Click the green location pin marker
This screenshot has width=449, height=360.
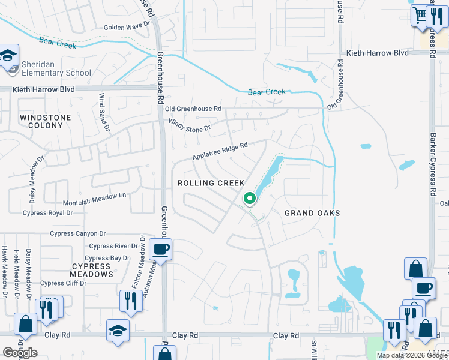(250, 198)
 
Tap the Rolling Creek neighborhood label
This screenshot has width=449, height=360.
(211, 183)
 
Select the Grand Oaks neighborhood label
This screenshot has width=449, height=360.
(312, 213)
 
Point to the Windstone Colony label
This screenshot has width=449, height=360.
(45, 121)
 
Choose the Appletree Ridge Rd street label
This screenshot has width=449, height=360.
(220, 151)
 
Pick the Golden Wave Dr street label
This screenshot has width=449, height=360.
(126, 27)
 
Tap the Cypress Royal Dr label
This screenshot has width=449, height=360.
(47, 212)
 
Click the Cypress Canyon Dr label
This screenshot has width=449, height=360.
(77, 233)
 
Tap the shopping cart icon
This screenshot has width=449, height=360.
(419, 15)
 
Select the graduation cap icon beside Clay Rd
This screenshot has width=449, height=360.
(117, 330)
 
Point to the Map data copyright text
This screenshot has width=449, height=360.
(412, 355)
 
